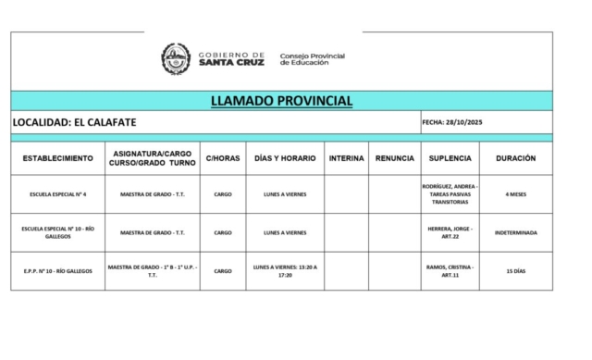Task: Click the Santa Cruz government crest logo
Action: point(176,59)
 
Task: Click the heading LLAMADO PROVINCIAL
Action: point(281,100)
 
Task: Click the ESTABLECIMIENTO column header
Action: point(58,158)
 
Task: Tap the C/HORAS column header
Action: point(223,158)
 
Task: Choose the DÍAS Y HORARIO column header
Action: point(285,158)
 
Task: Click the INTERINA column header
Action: point(346,158)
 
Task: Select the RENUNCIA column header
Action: point(395,158)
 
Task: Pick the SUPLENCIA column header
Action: point(450,158)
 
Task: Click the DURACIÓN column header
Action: point(515,158)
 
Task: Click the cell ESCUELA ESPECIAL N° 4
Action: point(58,194)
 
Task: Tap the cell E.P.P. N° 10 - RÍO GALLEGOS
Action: point(58,271)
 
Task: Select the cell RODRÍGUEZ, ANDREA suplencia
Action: point(450,194)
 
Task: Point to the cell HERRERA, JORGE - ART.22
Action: point(450,232)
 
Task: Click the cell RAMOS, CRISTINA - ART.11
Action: point(450,271)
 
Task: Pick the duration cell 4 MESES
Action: point(515,194)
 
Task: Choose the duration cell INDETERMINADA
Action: point(515,232)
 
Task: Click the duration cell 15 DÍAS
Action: point(515,271)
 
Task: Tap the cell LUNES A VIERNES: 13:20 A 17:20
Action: point(285,271)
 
